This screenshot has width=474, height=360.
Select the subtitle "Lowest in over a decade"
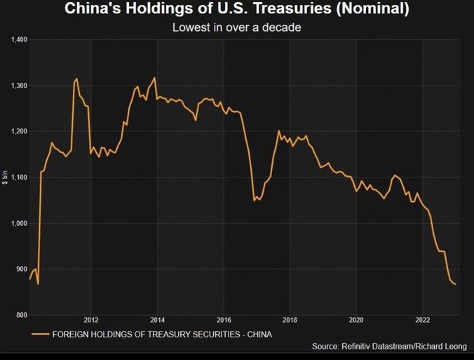(x=236, y=28)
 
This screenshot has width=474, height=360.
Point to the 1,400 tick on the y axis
(x=19, y=40)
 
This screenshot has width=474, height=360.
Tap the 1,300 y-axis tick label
(x=19, y=86)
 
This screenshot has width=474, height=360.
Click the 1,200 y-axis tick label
(x=19, y=132)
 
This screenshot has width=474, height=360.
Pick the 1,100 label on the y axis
(x=19, y=178)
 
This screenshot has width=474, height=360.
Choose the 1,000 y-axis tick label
(x=19, y=224)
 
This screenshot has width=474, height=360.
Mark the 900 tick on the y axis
(x=21, y=269)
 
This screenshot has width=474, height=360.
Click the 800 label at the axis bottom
(x=21, y=315)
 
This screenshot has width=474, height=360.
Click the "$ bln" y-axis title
(x=5, y=178)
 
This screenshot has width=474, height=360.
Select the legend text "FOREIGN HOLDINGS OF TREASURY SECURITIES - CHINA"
(x=162, y=334)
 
